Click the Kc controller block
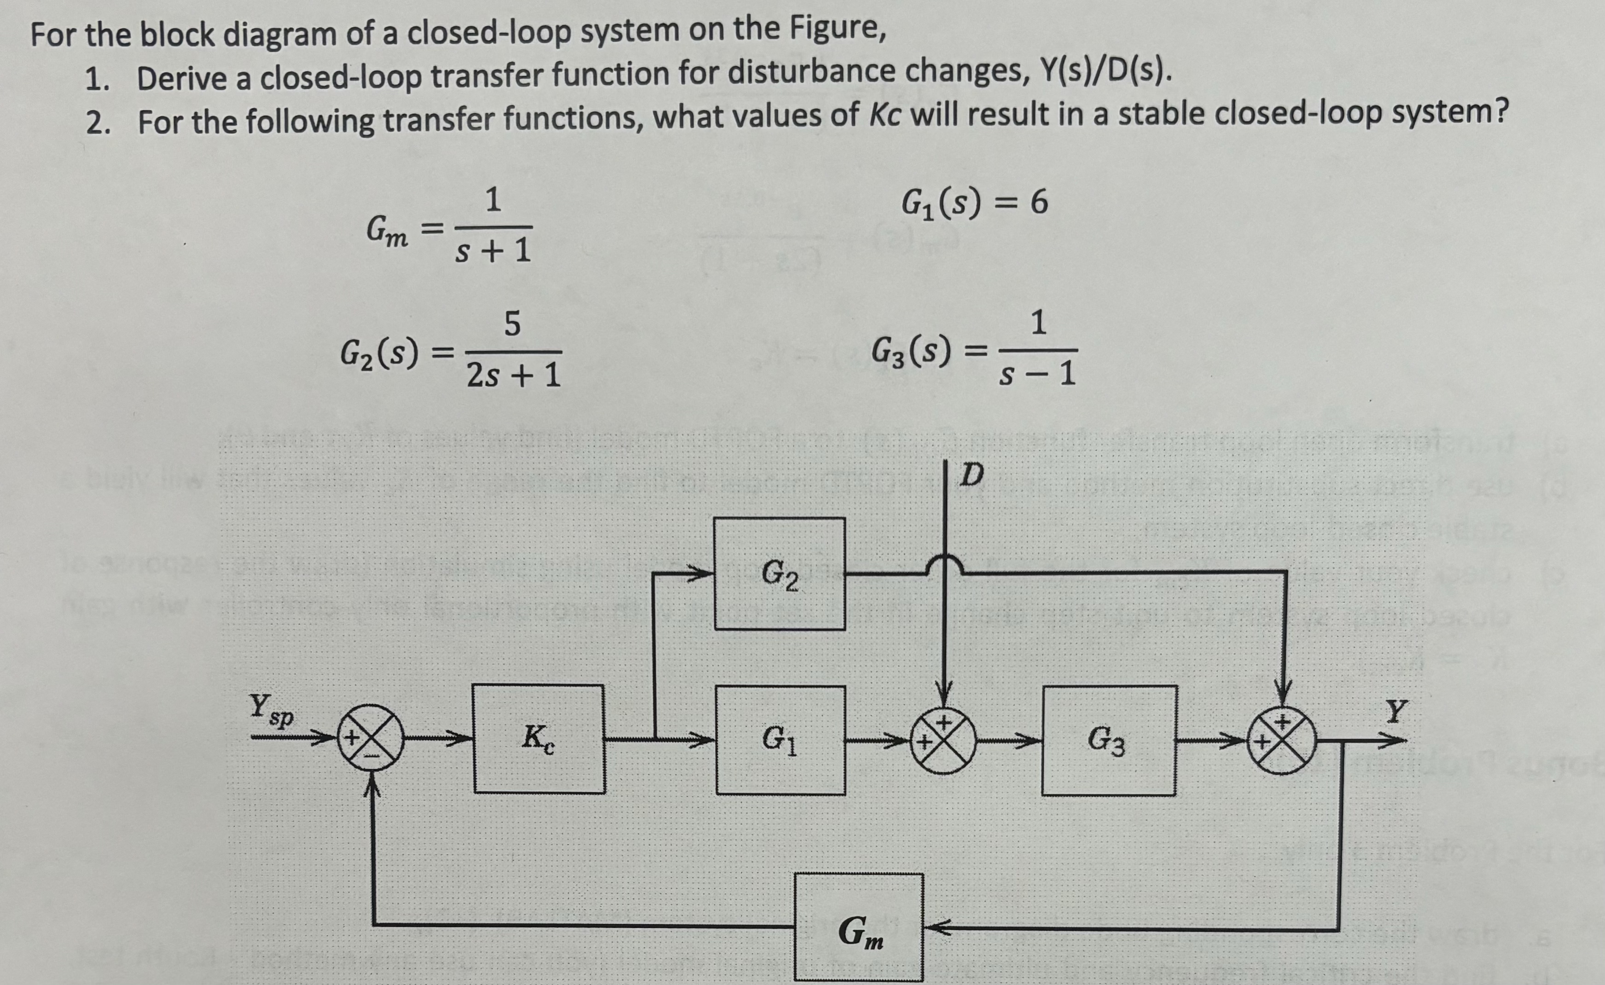click(x=539, y=738)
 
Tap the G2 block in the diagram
click(x=779, y=574)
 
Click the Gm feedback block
click(x=858, y=927)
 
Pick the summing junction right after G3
click(x=1282, y=741)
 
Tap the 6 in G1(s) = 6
click(x=1039, y=203)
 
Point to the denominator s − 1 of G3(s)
click(x=1039, y=375)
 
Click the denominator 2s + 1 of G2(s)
click(x=513, y=376)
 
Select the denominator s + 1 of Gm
click(x=493, y=251)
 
